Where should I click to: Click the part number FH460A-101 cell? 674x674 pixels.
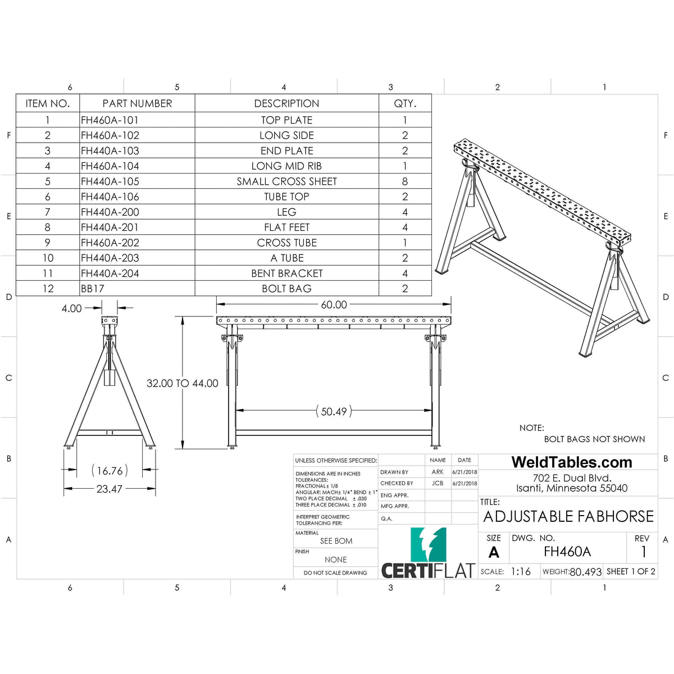point(110,120)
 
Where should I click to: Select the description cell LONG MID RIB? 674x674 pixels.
point(286,166)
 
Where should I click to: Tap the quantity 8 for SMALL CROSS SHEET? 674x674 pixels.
point(405,181)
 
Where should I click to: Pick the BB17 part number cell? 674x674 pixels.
point(93,289)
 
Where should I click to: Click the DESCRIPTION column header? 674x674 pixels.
point(286,103)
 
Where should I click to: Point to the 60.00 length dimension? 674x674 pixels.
point(334,304)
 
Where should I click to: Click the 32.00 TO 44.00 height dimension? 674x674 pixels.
point(182,383)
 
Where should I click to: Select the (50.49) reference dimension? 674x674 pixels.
point(334,412)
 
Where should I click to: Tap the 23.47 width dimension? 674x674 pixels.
point(109,489)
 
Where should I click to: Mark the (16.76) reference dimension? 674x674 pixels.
point(110,471)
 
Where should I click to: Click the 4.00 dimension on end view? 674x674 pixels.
point(72,308)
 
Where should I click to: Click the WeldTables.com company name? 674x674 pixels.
point(572,462)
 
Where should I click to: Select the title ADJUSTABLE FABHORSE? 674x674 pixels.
point(568,516)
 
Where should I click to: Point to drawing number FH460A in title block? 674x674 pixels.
point(567,552)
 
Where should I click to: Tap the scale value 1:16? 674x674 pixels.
point(521,571)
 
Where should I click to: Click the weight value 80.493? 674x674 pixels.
point(585,572)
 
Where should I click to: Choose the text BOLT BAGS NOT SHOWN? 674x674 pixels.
point(594,439)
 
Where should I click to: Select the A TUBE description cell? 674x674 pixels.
point(286,258)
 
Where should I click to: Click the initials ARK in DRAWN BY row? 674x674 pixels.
point(438,472)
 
